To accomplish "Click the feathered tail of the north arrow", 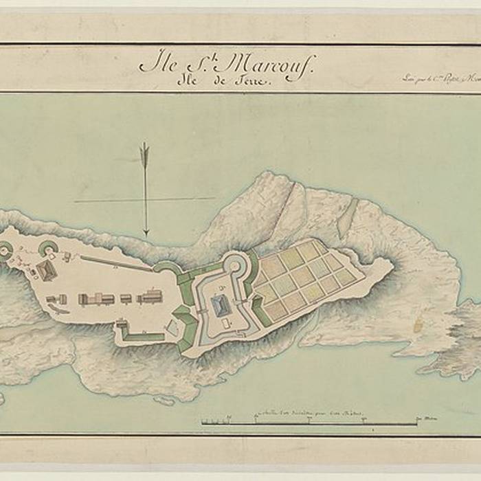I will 144,153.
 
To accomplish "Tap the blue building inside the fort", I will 221,306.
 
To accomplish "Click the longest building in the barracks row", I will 96,299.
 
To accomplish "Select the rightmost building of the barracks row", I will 149,297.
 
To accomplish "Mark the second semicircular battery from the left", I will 47,248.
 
